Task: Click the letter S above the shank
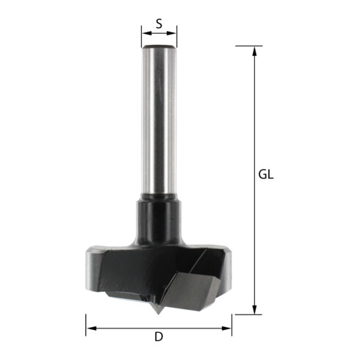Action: click(159, 24)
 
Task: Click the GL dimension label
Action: click(266, 175)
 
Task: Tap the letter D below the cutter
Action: click(159, 336)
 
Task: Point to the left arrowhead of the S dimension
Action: click(146, 33)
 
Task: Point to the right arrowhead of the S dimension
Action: click(171, 33)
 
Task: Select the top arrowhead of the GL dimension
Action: click(255, 51)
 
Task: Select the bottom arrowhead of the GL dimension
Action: click(255, 309)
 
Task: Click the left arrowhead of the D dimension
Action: click(91, 328)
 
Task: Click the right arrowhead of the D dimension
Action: click(226, 328)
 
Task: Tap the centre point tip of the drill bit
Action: click(159, 313)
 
